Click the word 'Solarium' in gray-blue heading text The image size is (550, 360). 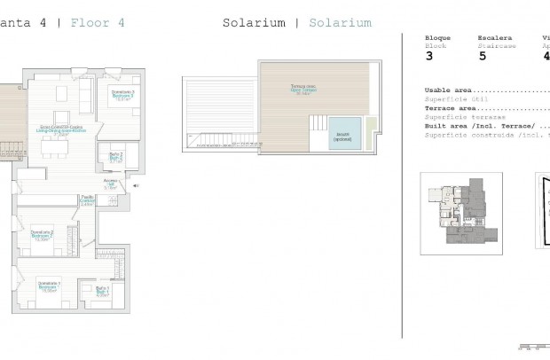(340, 23)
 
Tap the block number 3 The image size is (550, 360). (429, 56)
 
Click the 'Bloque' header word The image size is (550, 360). (437, 38)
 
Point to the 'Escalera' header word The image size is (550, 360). (493, 38)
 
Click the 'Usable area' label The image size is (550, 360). (448, 90)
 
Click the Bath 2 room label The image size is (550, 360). (115, 158)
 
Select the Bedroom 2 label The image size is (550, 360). (43, 236)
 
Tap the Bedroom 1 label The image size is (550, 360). (48, 287)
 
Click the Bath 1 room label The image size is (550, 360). (102, 291)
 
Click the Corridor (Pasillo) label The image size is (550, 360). (87, 200)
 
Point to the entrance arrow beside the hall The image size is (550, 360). (135, 185)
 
